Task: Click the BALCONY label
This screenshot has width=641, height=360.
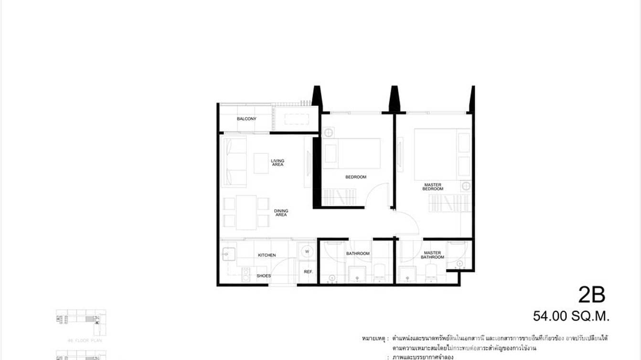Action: tap(246, 119)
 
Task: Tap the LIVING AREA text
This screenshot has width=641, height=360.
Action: tap(278, 163)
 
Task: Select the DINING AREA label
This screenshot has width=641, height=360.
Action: tap(281, 213)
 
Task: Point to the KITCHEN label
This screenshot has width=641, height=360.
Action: tap(267, 255)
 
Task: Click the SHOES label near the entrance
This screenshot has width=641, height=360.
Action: tap(263, 276)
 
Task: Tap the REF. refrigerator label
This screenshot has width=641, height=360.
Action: tap(308, 272)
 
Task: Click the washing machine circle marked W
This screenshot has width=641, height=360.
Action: tap(307, 251)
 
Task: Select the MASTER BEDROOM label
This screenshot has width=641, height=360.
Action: tap(433, 187)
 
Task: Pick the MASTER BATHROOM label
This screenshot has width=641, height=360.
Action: tap(432, 255)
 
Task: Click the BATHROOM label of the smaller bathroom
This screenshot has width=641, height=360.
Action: tap(358, 254)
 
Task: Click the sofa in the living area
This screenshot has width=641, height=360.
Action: tap(234, 162)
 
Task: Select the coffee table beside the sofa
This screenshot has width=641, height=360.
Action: tap(261, 163)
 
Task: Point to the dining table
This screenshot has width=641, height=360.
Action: tap(246, 212)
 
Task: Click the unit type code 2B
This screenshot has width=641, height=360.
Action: tap(591, 295)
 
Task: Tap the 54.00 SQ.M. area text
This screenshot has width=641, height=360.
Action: tap(571, 316)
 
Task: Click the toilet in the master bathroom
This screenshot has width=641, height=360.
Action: tap(431, 274)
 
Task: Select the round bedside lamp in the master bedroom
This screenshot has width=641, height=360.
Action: tap(466, 186)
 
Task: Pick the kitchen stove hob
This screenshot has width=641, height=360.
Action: tap(246, 275)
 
